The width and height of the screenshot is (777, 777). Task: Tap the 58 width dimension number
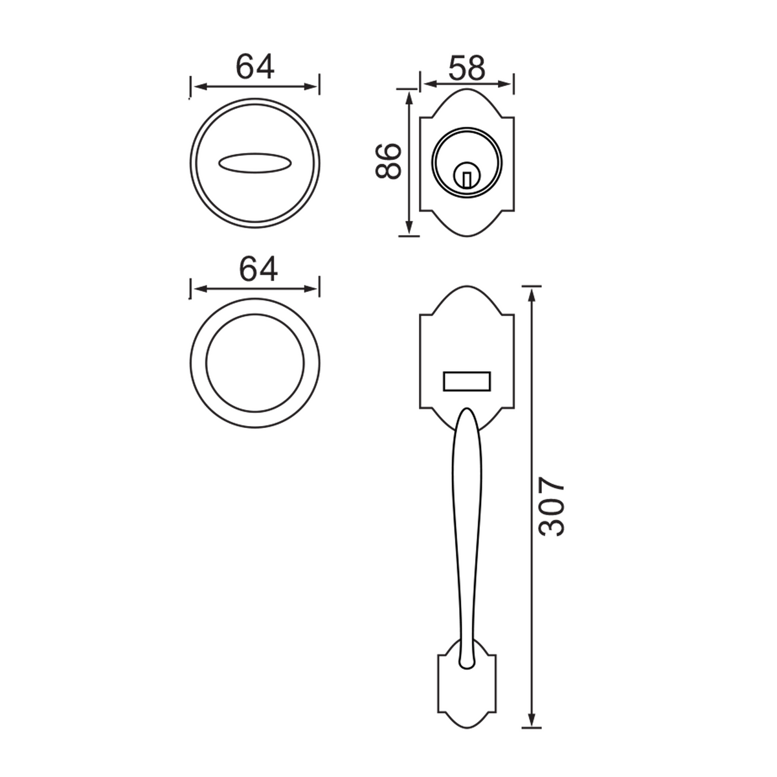[466, 68]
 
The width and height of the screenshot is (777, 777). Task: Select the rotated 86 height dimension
[389, 161]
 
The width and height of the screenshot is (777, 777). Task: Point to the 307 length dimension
[551, 507]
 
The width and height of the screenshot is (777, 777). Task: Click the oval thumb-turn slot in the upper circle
[255, 163]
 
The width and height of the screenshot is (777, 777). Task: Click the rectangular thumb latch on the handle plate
[466, 381]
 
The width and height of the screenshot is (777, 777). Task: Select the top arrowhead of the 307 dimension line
[532, 293]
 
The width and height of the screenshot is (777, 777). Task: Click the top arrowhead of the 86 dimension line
[409, 96]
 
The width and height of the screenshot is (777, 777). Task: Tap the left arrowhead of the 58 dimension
[428, 84]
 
